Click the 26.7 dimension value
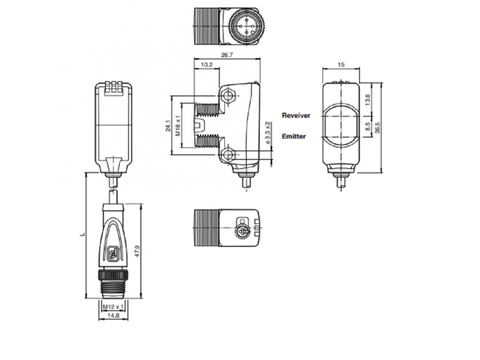click(x=227, y=55)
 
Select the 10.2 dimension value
click(x=206, y=65)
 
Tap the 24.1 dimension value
click(x=168, y=126)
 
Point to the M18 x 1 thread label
click(x=178, y=125)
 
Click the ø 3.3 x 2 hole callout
click(x=267, y=133)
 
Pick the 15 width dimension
click(x=341, y=65)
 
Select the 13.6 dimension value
click(x=367, y=100)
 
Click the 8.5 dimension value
click(x=367, y=126)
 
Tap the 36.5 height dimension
click(x=377, y=128)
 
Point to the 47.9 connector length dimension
click(x=137, y=251)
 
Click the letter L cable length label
click(x=82, y=235)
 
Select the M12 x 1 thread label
click(x=113, y=307)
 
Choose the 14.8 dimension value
click(x=113, y=316)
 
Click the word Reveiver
click(x=296, y=115)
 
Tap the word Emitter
click(x=293, y=136)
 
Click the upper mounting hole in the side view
click(x=227, y=95)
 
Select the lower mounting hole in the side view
click(x=227, y=154)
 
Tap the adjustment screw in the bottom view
click(x=241, y=231)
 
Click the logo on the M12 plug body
click(x=112, y=253)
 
